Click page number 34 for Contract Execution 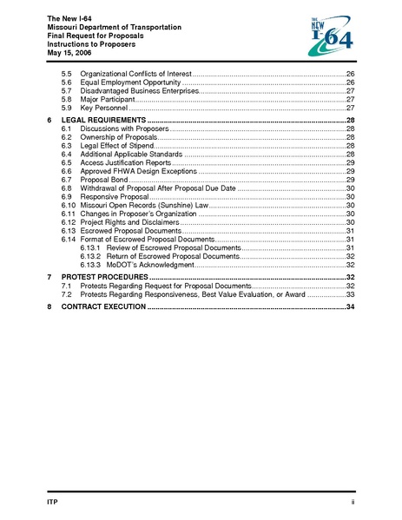tap(351, 307)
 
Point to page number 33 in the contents tap(351, 295)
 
